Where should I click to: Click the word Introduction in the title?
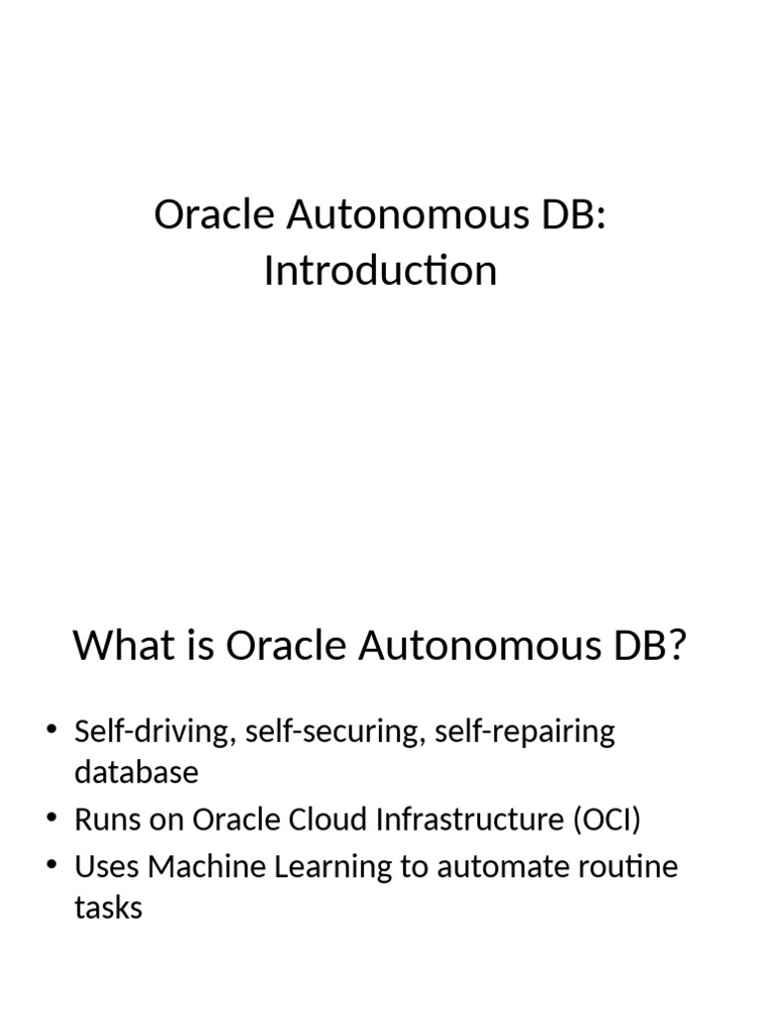[x=380, y=270]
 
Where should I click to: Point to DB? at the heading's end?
[x=642, y=646]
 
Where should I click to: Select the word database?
[x=136, y=772]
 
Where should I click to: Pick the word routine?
[x=630, y=866]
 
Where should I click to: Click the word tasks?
[x=108, y=906]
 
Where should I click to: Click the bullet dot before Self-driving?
[x=52, y=733]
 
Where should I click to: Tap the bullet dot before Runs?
[x=52, y=820]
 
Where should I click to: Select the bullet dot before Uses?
[x=52, y=866]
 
